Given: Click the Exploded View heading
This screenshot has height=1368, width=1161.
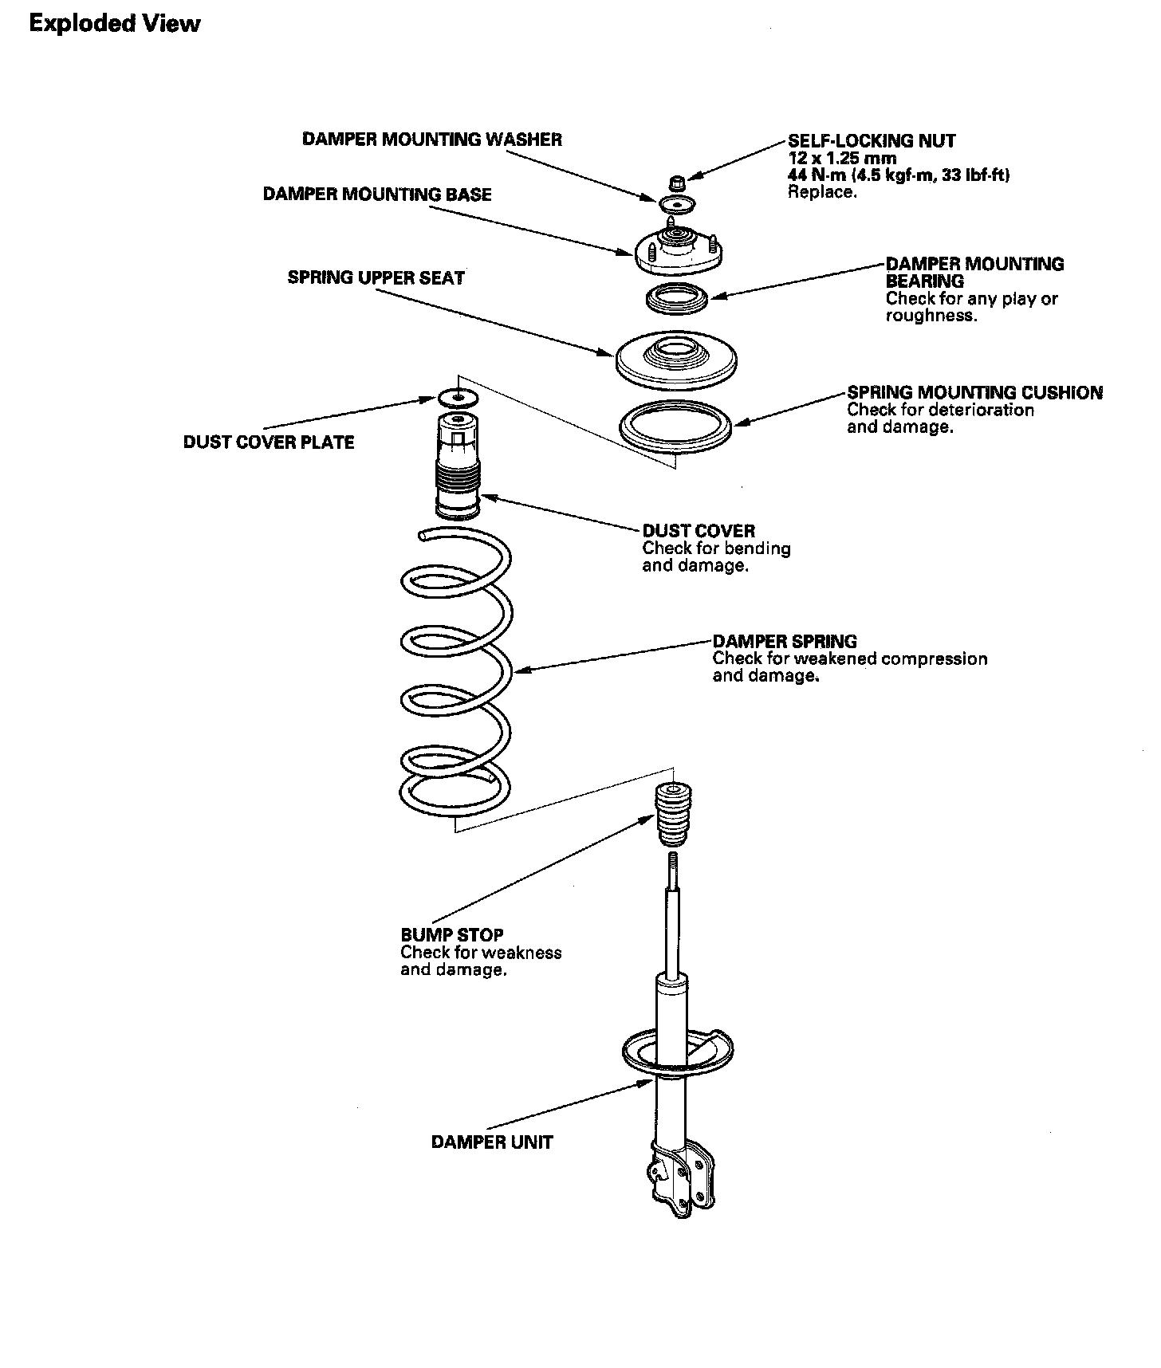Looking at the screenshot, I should pyautogui.click(x=114, y=24).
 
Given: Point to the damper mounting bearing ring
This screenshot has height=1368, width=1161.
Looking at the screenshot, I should pyautogui.click(x=676, y=300).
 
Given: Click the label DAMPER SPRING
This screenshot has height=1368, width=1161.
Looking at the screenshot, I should pyautogui.click(x=785, y=641).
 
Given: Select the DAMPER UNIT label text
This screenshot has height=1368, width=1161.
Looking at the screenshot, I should pyautogui.click(x=491, y=1142).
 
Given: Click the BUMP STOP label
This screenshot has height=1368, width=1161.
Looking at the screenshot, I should pyautogui.click(x=451, y=935).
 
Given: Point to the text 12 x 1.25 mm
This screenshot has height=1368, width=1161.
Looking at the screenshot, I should pyautogui.click(x=842, y=158).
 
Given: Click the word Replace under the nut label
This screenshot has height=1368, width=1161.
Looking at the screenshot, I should pyautogui.click(x=822, y=192).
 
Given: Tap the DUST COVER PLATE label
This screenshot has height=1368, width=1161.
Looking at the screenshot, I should pyautogui.click(x=269, y=442).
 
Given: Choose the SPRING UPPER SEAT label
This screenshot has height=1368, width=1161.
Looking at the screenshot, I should pyautogui.click(x=376, y=278).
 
